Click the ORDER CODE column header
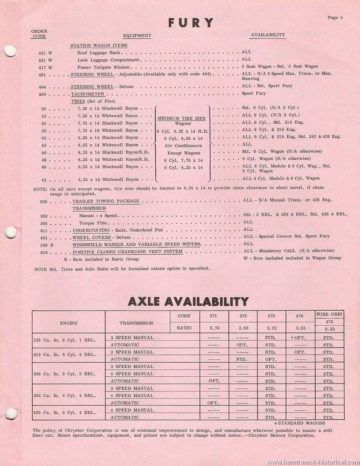(38, 35)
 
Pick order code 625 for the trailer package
(41, 200)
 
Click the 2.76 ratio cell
(213, 326)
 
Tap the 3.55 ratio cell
(299, 326)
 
